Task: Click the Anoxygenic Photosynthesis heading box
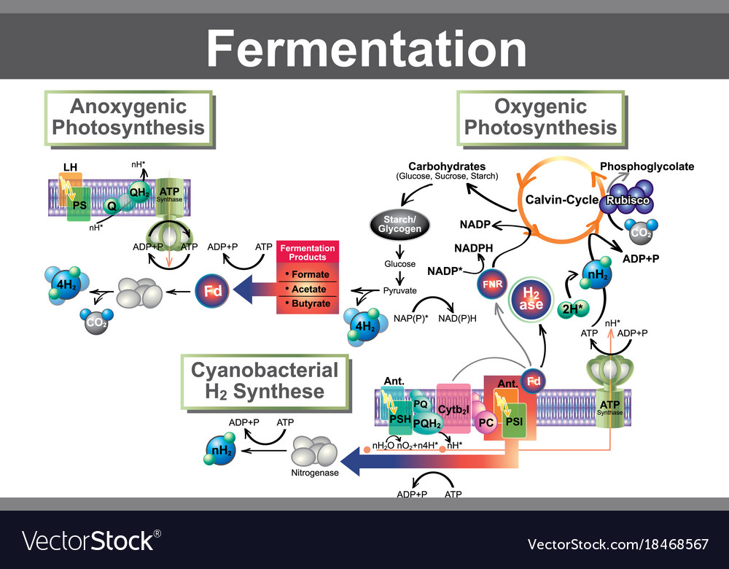coord(128,117)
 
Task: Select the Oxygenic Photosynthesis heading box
coord(540,117)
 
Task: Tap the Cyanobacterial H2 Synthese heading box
coord(265,381)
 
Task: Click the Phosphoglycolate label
coord(647,166)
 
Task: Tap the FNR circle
coord(491,284)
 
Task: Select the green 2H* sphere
coord(571,309)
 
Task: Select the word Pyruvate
coord(399,290)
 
